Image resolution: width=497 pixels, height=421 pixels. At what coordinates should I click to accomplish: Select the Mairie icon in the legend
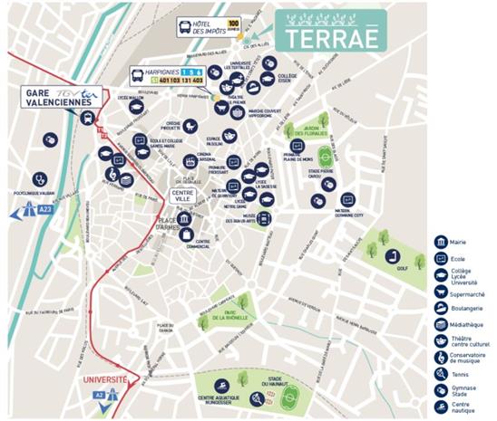(440, 242)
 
